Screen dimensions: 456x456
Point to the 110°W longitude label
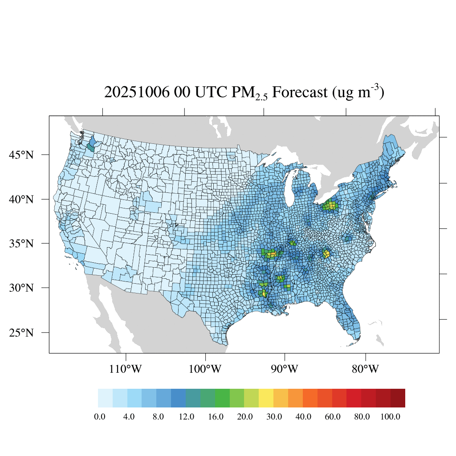tap(127, 370)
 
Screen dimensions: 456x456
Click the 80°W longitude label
tap(366, 370)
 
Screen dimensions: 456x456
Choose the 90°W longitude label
tap(285, 370)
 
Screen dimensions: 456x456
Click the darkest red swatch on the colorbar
tap(398, 398)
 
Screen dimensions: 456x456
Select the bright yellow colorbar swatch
tap(266, 398)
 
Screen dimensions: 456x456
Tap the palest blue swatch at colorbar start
tap(105, 398)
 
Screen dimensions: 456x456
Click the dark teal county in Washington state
tap(91, 147)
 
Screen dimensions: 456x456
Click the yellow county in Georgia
tap(326, 254)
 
